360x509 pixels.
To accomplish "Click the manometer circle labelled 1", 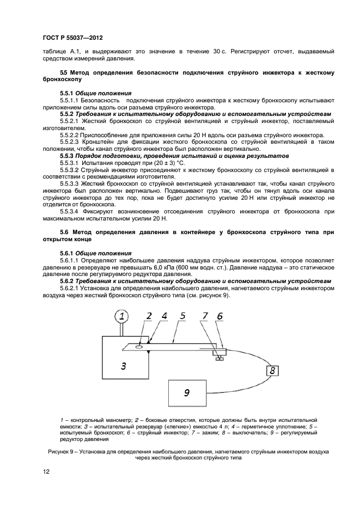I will click(x=122, y=316).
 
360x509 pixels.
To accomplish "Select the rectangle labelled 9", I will click(x=187, y=392).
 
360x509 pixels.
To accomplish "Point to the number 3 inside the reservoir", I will click(x=124, y=366).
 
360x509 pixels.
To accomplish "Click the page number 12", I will click(x=46, y=471).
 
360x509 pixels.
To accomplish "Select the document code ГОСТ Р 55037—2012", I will click(x=72, y=38).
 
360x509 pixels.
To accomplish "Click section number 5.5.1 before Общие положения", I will click(x=66, y=93).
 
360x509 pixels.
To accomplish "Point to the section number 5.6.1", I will click(x=66, y=253).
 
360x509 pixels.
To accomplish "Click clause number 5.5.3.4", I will click(x=70, y=211).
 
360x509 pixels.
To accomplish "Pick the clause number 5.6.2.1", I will click(x=70, y=288).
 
